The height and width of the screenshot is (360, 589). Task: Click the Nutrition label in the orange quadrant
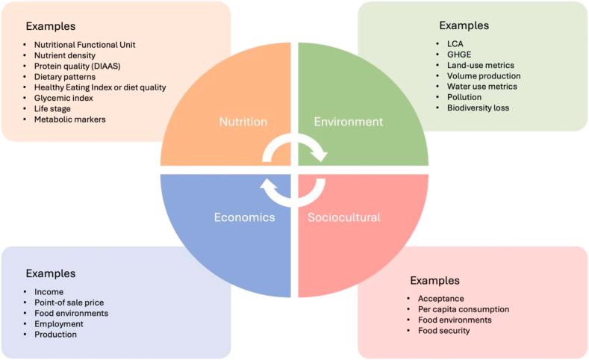point(243,122)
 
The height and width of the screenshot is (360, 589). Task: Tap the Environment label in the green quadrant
point(348,122)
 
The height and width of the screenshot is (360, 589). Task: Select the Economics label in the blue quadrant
point(245,217)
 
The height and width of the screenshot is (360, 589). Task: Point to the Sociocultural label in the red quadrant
point(344,217)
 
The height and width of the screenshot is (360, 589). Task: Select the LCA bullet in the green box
point(445,43)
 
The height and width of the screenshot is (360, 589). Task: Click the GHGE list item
point(449,55)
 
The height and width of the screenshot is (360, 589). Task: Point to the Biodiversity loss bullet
point(473,108)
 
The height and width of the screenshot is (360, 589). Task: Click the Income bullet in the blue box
point(49,292)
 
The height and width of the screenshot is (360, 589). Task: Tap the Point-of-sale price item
point(69,302)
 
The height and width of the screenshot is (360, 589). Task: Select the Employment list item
point(59,324)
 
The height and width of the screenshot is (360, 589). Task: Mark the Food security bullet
point(444,331)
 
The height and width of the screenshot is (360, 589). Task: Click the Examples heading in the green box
point(464,25)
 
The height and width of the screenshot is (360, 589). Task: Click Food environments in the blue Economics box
point(72,313)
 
